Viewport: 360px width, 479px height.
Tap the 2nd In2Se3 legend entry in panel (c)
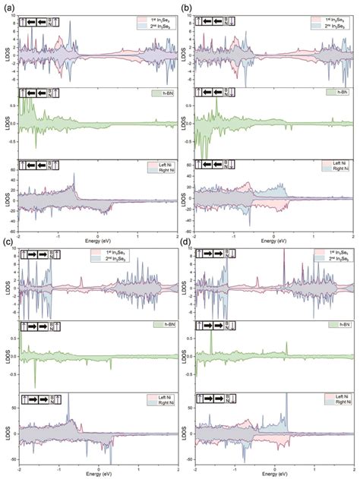pos(156,260)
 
